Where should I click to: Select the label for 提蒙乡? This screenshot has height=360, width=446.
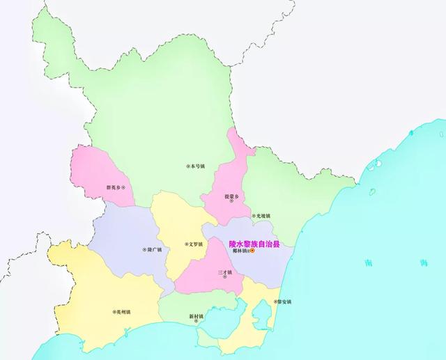tap(231, 196)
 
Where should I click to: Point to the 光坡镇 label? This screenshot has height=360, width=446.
tap(263, 216)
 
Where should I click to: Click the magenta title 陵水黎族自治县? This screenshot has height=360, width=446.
tap(254, 244)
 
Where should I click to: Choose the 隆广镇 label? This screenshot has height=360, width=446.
tap(155, 250)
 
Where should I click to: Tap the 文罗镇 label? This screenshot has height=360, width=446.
tap(195, 244)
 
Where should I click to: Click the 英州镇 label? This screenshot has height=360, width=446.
tap(123, 312)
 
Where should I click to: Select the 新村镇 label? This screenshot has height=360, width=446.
tap(196, 317)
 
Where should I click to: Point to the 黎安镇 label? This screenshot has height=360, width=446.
tap(284, 302)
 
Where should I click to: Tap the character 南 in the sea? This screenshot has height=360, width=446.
tap(367, 263)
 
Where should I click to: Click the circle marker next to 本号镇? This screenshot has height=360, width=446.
tap(187, 166)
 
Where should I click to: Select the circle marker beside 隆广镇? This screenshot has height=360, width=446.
tap(144, 250)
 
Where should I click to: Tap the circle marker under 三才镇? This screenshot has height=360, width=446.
tap(224, 277)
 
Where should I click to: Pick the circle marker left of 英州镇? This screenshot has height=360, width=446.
tap(112, 312)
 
